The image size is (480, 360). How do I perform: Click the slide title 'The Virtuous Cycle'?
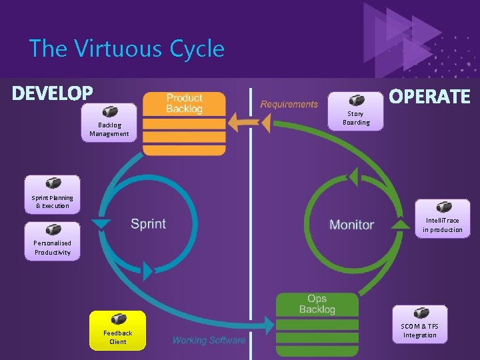127,49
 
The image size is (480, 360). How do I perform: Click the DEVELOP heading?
52,93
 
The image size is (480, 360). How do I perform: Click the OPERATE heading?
429,97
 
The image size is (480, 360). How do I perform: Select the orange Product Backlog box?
184,123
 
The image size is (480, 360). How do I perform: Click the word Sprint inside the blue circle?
148,224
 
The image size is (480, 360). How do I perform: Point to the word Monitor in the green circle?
351,225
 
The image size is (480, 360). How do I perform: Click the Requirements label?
289,104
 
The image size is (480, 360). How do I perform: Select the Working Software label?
209,341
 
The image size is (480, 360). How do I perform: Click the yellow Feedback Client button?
117,330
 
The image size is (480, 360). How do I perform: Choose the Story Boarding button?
356,111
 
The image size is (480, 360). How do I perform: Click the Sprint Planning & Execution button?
52,194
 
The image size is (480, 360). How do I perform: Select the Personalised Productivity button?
52,241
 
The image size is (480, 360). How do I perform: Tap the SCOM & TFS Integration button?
419,323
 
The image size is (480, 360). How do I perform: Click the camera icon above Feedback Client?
117,319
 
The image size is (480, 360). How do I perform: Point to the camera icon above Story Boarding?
356,99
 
